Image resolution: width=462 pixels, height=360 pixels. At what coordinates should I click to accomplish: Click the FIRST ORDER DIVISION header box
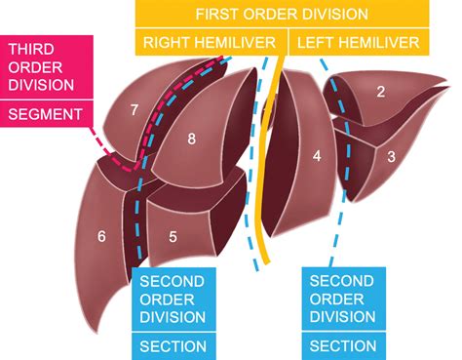click(282, 15)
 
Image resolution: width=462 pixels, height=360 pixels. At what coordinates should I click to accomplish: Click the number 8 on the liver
click(191, 140)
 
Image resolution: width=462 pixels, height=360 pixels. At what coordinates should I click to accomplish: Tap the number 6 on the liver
click(101, 235)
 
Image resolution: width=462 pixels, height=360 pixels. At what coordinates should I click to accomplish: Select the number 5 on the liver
click(173, 235)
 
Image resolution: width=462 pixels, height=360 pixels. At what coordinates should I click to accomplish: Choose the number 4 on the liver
click(316, 156)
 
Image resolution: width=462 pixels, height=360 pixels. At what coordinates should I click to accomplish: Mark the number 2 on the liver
click(380, 92)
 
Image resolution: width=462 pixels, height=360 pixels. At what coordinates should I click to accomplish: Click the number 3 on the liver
click(390, 156)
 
